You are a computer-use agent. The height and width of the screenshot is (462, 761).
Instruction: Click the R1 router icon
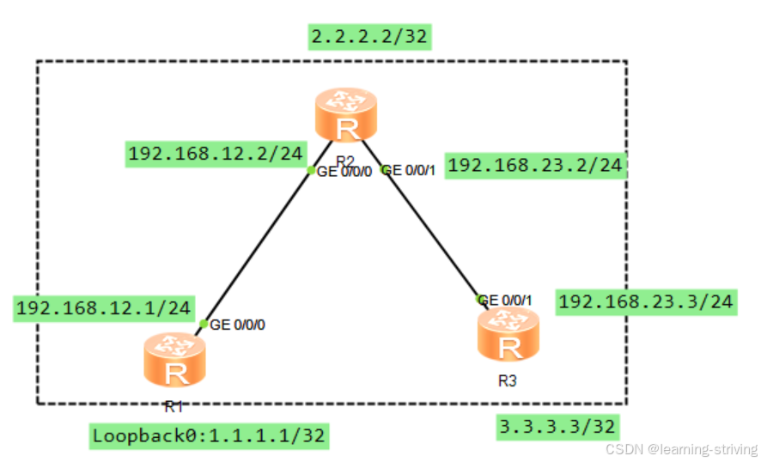pyautogui.click(x=176, y=363)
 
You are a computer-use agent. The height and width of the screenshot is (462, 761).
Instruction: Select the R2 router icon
pyautogui.click(x=346, y=119)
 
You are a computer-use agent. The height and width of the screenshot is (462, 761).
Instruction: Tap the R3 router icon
pyautogui.click(x=509, y=337)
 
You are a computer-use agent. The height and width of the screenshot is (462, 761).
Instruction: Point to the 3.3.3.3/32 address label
pyautogui.click(x=558, y=426)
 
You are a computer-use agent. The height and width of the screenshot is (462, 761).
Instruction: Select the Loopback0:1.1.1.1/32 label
pyautogui.click(x=209, y=435)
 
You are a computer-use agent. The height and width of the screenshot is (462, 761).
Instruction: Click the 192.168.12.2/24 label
pyautogui.click(x=216, y=154)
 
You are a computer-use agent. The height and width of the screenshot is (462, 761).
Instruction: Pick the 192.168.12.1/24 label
pyautogui.click(x=104, y=307)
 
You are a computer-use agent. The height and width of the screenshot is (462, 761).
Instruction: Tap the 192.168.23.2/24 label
pyautogui.click(x=535, y=165)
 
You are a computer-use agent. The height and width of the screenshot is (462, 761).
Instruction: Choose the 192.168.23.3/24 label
pyautogui.click(x=646, y=301)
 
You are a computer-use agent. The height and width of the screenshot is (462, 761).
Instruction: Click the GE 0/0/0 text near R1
pyautogui.click(x=238, y=325)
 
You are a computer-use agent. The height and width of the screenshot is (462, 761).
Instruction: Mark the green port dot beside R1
pyautogui.click(x=204, y=324)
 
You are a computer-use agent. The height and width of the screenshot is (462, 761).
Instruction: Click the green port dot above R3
pyautogui.click(x=481, y=299)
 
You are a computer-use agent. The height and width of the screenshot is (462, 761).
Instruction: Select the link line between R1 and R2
pyautogui.click(x=258, y=246)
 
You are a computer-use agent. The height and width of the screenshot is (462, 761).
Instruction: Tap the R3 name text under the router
pyautogui.click(x=508, y=380)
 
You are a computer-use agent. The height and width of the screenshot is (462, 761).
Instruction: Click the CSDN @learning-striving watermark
pyautogui.click(x=681, y=449)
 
